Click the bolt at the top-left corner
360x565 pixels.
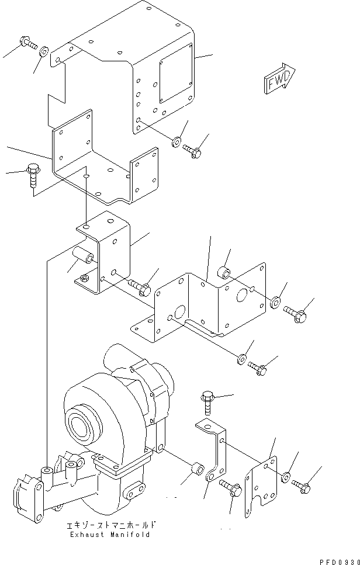pyautogui.click(x=27, y=43)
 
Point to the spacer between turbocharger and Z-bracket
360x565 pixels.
pyautogui.click(x=196, y=468)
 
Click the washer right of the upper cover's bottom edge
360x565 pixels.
pyautogui.click(x=176, y=141)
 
